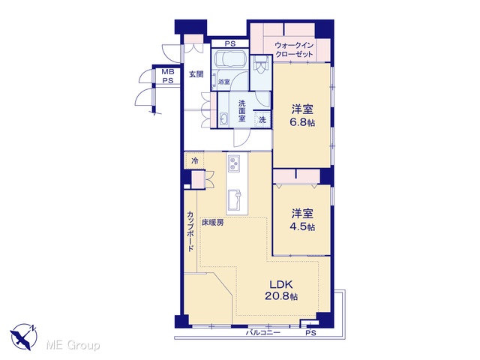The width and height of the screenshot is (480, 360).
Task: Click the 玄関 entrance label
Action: pyautogui.click(x=196, y=74)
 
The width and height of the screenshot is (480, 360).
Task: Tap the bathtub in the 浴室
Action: pyautogui.click(x=230, y=58)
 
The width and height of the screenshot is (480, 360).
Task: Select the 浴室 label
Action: pyautogui.click(x=224, y=82)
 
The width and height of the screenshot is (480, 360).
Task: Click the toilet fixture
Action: pyautogui.click(x=261, y=65)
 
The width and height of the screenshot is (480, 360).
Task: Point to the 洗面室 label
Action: pyautogui.click(x=241, y=111)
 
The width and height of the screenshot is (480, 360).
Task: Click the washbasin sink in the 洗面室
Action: pyautogui.click(x=223, y=118)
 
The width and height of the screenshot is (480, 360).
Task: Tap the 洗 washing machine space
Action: pyautogui.click(x=262, y=120)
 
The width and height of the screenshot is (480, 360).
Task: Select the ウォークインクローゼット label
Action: pyautogui.click(x=294, y=50)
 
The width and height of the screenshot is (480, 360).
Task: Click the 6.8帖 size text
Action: pyautogui.click(x=302, y=123)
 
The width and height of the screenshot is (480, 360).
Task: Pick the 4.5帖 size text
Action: pyautogui.click(x=302, y=227)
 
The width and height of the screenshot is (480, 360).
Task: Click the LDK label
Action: pyautogui.click(x=281, y=285)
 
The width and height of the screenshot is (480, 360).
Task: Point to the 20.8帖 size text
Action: pyautogui.click(x=281, y=297)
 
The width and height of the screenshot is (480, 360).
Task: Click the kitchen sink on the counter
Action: pyautogui.click(x=234, y=198)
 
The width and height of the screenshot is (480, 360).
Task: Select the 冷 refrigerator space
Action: pyautogui.click(x=194, y=160)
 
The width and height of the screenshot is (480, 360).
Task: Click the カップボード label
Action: pyautogui.click(x=190, y=232)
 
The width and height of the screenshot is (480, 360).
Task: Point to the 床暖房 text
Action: pyautogui.click(x=212, y=223)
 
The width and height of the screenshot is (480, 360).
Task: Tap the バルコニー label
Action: pyautogui.click(x=263, y=333)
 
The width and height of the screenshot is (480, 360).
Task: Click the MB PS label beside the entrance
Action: pyautogui.click(x=168, y=76)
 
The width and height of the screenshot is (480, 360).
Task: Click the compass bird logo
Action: pyautogui.click(x=23, y=337)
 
